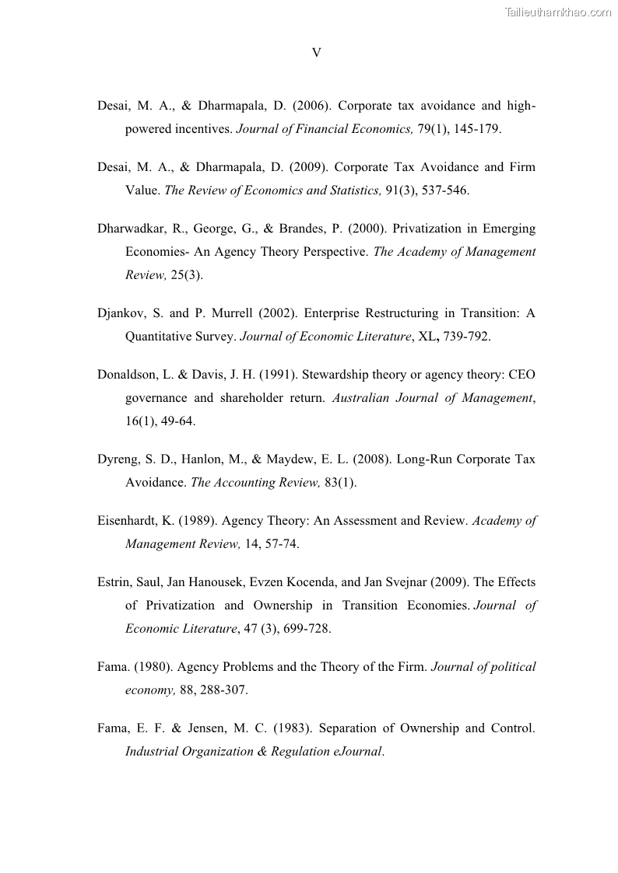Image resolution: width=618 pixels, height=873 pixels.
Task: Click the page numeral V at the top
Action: coord(316,53)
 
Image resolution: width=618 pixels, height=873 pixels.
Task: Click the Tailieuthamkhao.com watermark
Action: coord(558,12)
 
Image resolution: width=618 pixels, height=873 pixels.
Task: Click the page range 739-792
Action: coord(465,337)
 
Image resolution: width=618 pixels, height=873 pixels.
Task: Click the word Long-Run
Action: coord(424,459)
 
